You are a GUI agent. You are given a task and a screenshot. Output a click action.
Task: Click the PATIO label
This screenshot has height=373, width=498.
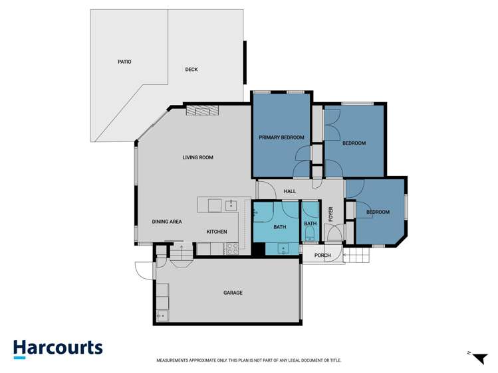[124, 62]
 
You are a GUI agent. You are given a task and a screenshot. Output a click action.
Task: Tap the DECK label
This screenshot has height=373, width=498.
[191, 70]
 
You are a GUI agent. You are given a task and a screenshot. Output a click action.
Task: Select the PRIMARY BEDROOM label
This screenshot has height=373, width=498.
[281, 137]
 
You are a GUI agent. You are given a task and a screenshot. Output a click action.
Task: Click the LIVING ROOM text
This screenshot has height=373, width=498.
[198, 157]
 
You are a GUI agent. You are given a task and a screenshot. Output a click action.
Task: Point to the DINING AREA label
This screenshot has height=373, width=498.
[167, 222]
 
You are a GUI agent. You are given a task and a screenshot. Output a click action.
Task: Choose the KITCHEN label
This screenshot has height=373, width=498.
[217, 232]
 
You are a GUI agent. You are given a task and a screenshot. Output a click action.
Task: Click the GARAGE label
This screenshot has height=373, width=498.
[233, 293]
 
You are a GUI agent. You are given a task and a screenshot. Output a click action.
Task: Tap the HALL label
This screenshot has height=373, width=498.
[290, 191]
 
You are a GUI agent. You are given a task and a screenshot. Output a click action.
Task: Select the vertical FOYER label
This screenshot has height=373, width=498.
[330, 214]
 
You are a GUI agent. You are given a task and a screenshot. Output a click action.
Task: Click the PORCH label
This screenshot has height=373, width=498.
[322, 256]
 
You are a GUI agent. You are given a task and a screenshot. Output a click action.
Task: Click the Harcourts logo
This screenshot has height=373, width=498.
[58, 349]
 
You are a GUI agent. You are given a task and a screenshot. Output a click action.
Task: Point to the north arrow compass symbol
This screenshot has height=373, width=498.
[479, 358]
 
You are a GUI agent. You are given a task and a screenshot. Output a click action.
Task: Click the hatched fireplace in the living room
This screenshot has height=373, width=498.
[202, 110]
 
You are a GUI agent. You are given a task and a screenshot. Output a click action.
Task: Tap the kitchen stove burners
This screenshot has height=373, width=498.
[231, 248]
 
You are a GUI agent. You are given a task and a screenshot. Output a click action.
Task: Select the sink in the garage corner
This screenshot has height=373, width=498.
[163, 316]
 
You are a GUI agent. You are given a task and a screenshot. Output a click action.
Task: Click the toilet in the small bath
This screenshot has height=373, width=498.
[310, 235]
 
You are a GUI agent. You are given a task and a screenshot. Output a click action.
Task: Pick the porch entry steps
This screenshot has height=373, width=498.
[357, 256]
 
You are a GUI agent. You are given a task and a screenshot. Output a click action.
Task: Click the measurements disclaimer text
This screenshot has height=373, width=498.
[249, 360]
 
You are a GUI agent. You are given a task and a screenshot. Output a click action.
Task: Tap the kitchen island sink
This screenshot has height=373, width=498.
[231, 205]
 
